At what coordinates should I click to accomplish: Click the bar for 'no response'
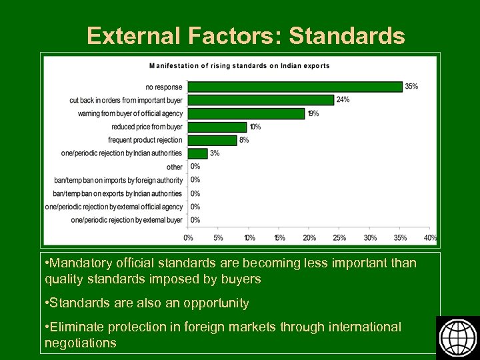(x=295, y=87)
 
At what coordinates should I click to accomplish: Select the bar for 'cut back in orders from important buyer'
(x=260, y=100)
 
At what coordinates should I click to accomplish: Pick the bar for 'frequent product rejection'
(x=211, y=140)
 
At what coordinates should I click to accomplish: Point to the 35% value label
(x=411, y=87)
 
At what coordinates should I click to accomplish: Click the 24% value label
(x=343, y=100)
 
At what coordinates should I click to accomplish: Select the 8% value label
(x=244, y=140)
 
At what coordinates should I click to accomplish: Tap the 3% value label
(x=214, y=153)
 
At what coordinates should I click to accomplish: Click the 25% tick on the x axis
(x=339, y=237)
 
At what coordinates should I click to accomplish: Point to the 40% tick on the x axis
(x=430, y=237)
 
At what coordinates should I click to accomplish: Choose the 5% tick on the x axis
(x=218, y=237)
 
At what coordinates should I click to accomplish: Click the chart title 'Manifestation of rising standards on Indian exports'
(x=239, y=66)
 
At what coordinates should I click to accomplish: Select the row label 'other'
(x=175, y=167)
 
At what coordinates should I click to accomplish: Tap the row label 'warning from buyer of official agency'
(x=130, y=113)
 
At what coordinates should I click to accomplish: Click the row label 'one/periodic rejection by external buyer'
(x=127, y=220)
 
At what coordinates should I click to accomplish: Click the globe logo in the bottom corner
(x=457, y=337)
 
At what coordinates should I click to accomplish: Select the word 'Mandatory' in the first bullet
(x=79, y=263)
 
